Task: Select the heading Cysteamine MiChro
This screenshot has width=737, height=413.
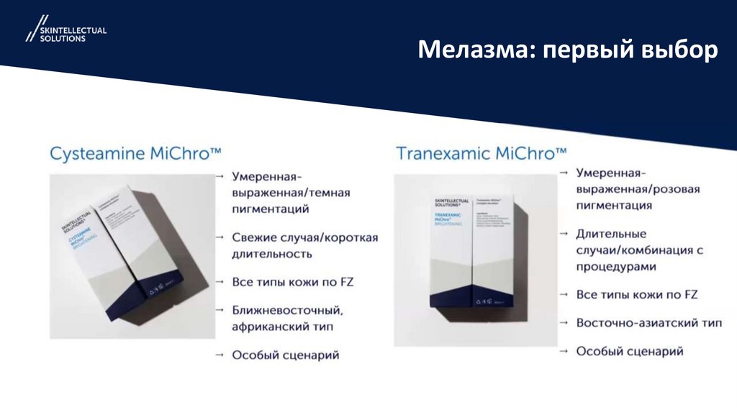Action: pos(135,153)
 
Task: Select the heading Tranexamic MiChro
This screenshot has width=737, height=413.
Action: pos(481,153)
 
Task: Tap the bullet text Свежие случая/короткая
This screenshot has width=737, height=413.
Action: pos(304,237)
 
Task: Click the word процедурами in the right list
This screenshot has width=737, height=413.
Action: pos(615,266)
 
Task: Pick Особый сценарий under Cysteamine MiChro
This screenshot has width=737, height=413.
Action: pos(285,355)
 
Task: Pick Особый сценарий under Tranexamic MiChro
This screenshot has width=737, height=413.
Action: pos(630,350)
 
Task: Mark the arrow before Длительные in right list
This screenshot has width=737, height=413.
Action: pos(566,234)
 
